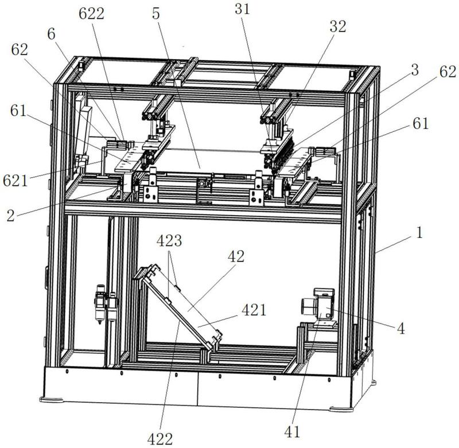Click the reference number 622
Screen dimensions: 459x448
[x=91, y=14]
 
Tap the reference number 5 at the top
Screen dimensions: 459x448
[x=156, y=13]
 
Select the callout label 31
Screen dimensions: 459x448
[x=242, y=9]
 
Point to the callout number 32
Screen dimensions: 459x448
[x=338, y=26]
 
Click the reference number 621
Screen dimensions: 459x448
[x=15, y=181]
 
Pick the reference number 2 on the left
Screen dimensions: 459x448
[x=10, y=216]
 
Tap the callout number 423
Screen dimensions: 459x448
[x=169, y=241]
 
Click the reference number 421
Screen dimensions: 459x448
[x=254, y=310]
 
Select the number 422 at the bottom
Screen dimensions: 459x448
[x=160, y=439]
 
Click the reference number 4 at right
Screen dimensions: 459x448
[x=400, y=328]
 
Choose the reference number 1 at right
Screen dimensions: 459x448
[x=419, y=233]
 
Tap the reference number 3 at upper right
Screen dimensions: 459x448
[x=415, y=70]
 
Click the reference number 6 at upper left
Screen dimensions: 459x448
[x=51, y=34]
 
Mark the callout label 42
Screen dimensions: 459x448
[x=236, y=256]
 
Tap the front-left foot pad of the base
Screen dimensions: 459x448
[x=52, y=399]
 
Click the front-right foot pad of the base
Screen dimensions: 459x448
[x=341, y=409]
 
